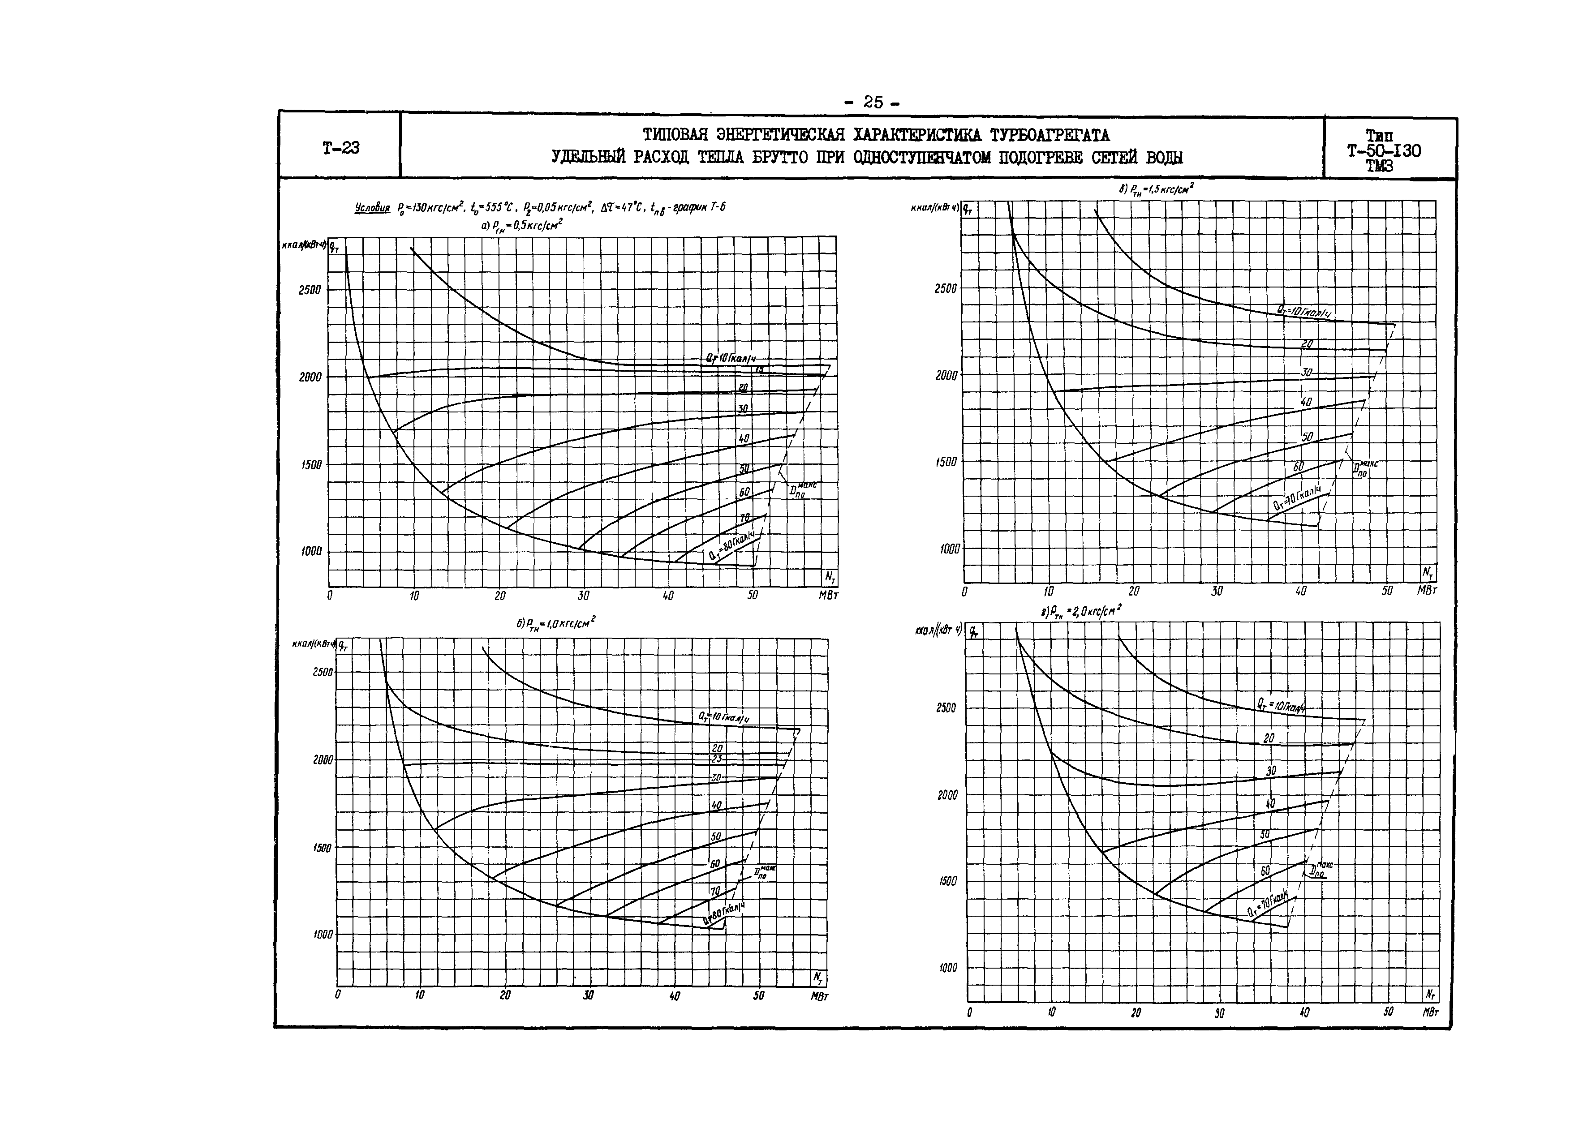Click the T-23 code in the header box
(x=340, y=147)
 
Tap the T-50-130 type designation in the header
(x=1384, y=151)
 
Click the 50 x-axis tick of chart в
(x=1386, y=591)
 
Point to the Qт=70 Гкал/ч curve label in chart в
(x=1297, y=498)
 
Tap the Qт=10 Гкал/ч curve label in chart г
(x=1280, y=706)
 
